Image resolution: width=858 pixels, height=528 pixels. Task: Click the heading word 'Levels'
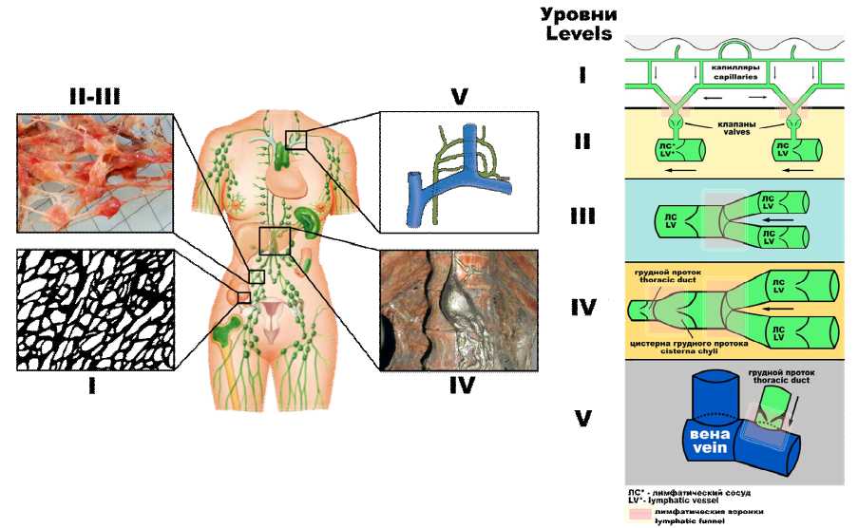tap(579, 34)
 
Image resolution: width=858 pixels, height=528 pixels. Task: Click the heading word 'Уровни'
tap(579, 14)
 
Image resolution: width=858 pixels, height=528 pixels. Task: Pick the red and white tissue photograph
tap(95, 174)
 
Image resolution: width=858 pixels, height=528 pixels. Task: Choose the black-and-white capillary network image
tap(95, 309)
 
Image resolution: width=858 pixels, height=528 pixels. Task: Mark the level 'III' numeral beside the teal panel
tap(582, 217)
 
